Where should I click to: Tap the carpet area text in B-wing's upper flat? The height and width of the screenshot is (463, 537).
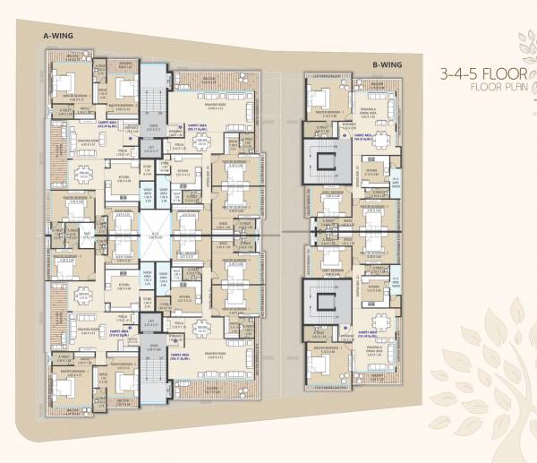tap(362, 138)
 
